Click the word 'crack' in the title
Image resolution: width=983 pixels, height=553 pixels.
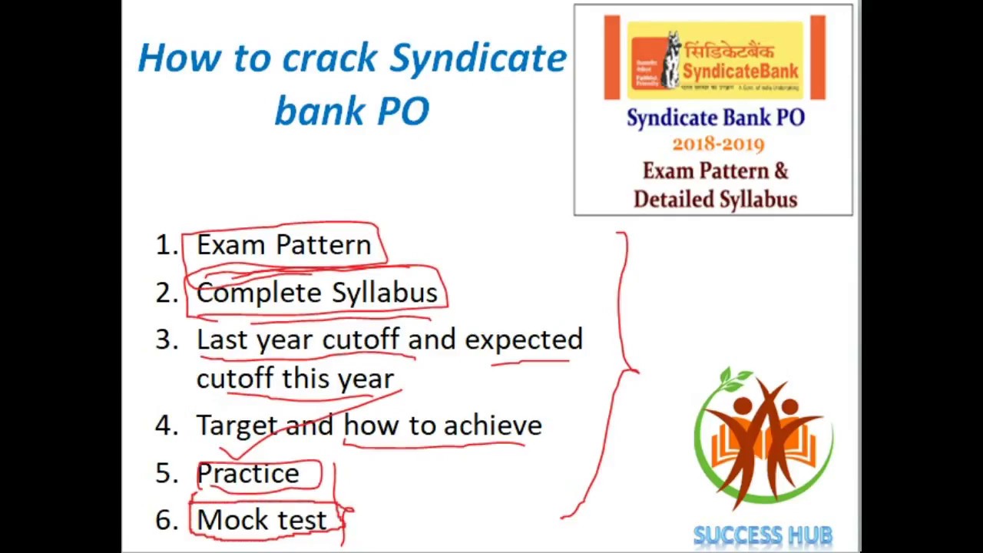(330, 58)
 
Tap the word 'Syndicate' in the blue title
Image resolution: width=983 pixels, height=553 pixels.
(478, 58)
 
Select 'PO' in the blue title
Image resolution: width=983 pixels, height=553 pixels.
(403, 111)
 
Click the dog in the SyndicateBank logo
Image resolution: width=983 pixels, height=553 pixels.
(673, 60)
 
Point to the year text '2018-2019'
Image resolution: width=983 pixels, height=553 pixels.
(718, 144)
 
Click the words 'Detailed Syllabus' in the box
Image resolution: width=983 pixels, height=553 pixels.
(715, 200)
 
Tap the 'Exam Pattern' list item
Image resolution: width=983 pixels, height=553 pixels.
(283, 245)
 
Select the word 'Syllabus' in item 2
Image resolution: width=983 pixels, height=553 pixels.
(385, 293)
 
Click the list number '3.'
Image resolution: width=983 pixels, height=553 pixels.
(167, 340)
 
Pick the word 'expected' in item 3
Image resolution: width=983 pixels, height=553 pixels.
(524, 339)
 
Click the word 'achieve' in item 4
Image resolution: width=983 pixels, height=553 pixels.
(492, 425)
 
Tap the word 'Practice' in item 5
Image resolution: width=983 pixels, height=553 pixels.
(248, 473)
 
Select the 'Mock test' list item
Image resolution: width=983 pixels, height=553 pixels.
(262, 520)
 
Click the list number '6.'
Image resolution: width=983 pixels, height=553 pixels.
(167, 520)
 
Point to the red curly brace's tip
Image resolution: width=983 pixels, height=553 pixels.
(637, 371)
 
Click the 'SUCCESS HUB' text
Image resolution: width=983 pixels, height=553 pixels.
(763, 535)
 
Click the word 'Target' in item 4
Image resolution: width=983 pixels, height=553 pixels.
(236, 425)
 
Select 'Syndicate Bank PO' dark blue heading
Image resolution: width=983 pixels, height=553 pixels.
(715, 118)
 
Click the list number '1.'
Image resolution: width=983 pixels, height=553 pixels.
(167, 245)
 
